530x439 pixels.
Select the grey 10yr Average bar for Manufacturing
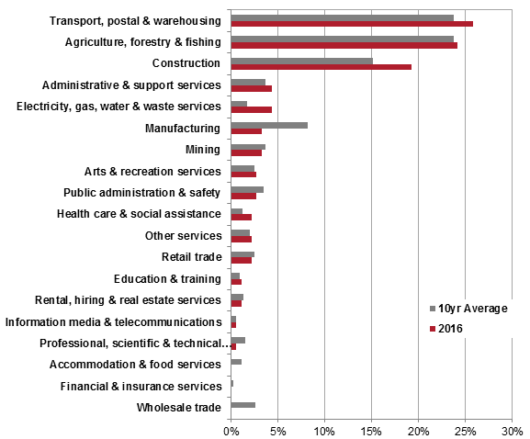269,125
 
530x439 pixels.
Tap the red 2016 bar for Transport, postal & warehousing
352,24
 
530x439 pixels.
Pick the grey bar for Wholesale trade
242,404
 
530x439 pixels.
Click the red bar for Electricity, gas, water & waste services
251,110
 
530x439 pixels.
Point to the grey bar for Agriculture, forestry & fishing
342,39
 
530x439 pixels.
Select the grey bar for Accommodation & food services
236,361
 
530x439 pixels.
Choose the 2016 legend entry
456,328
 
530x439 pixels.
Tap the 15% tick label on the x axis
371,429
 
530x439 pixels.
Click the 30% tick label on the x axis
512,429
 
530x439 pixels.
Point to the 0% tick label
231,429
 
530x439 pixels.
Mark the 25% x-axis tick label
465,429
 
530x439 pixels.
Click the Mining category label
203,150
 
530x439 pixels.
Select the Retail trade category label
191,257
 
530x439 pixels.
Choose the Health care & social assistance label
139,214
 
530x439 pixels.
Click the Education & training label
167,278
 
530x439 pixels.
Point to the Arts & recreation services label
152,171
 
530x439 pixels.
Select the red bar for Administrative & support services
251,88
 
